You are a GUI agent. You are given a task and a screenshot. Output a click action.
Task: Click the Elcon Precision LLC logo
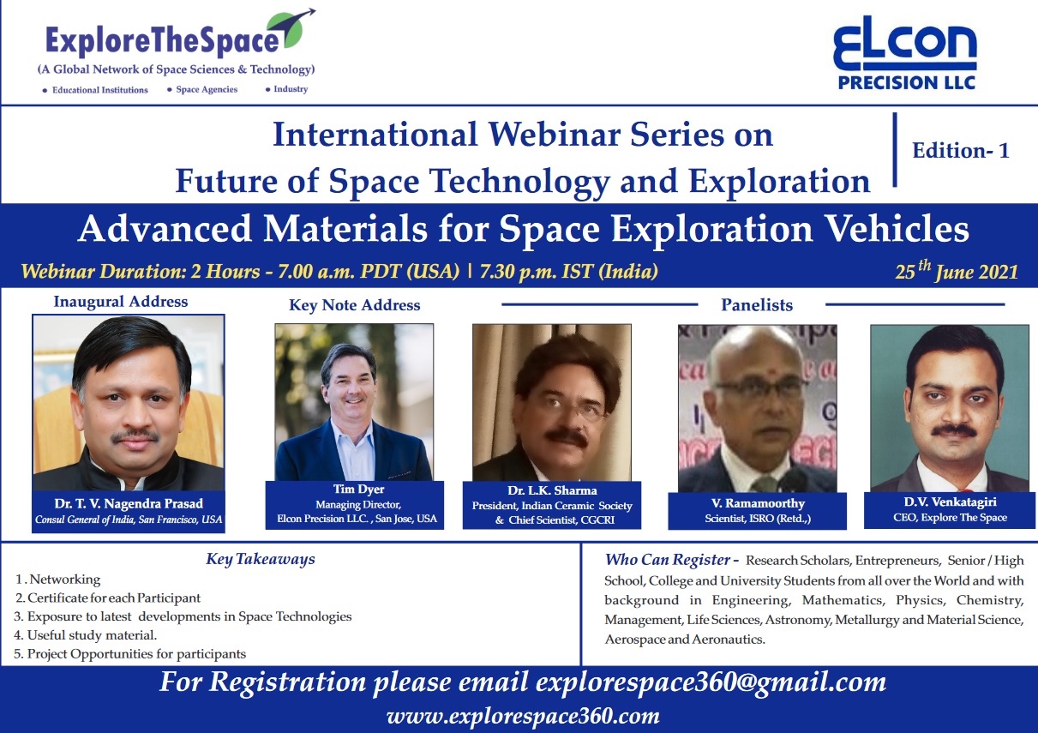point(905,53)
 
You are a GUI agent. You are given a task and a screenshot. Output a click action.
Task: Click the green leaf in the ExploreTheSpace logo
point(288,29)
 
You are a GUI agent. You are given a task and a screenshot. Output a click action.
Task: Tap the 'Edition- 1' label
point(961,151)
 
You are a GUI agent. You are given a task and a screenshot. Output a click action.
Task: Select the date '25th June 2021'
point(957,271)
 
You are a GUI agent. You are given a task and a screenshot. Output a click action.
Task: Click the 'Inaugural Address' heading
point(121,302)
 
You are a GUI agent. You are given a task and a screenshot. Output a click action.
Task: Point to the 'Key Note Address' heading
point(355,305)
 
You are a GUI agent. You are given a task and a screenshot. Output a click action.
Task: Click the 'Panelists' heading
point(757,305)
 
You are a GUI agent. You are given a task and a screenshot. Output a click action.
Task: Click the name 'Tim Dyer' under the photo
point(358,490)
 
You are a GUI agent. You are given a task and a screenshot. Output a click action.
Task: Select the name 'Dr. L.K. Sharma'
point(552,490)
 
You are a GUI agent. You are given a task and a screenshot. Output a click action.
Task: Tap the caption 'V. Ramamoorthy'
point(758,503)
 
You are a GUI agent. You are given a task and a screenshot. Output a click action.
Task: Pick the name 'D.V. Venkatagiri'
point(950,502)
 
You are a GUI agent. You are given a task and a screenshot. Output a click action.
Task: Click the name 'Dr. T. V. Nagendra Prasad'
point(129,503)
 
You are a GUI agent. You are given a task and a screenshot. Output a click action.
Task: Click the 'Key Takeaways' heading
point(261,559)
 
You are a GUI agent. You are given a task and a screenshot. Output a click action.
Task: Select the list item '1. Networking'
point(58,580)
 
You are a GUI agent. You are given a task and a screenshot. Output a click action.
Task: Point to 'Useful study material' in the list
point(92,635)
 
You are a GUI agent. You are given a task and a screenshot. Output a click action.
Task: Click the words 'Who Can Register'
point(667,560)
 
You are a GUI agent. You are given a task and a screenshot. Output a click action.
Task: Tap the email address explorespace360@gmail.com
point(711,682)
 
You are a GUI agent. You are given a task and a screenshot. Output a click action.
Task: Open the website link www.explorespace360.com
point(523,717)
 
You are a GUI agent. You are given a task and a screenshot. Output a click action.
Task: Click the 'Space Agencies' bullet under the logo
point(207,89)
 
